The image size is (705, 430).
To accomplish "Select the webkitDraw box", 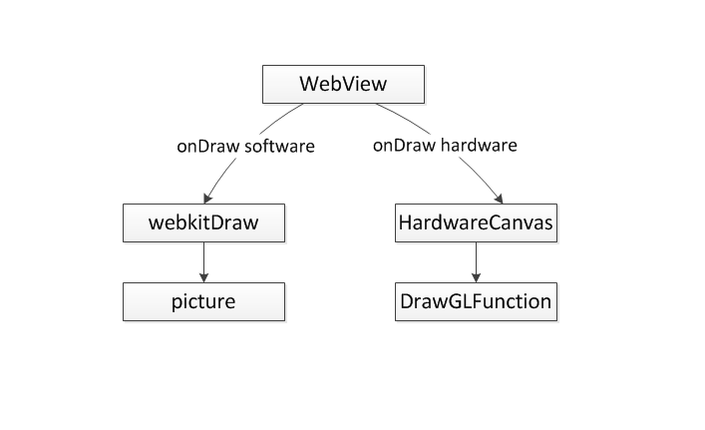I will pos(203,222).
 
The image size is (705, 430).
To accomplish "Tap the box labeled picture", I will pos(203,300).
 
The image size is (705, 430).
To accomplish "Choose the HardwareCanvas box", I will pos(475,222).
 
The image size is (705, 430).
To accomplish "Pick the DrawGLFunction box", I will pos(475,300).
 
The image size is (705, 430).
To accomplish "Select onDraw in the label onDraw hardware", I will pos(404,146).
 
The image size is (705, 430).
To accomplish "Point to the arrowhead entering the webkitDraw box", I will pos(206,199).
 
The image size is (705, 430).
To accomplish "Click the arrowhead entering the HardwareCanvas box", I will pos(498,199).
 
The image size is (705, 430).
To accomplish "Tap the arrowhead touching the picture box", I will pos(203,277).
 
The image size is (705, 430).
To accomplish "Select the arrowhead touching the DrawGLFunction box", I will pos(475,277).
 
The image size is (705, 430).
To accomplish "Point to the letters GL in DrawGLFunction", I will pos(461,300).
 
